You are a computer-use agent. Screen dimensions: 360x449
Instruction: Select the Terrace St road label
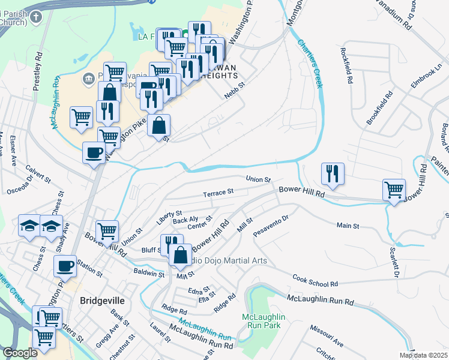tap(217, 193)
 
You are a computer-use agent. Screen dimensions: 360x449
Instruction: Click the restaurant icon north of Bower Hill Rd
tap(333, 173)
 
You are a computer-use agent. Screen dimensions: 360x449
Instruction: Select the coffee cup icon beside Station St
tap(65, 266)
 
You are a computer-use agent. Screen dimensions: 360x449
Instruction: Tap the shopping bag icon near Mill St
tap(179, 254)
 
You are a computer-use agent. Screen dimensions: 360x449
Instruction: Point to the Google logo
tap(20, 353)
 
